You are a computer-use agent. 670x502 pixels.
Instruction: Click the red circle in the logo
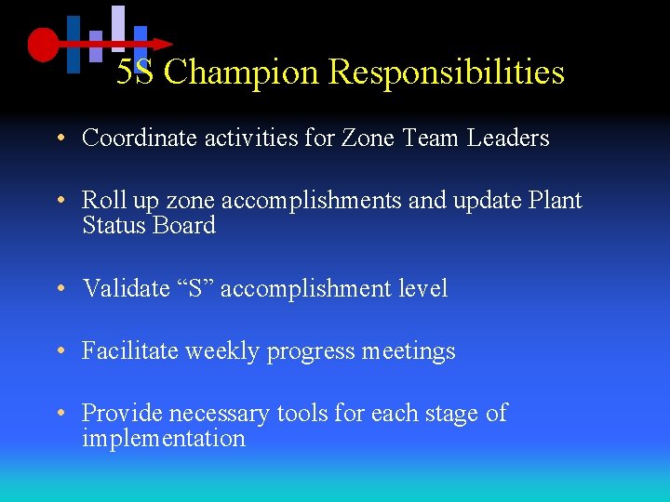(x=43, y=44)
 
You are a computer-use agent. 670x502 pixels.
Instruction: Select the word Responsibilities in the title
(x=447, y=72)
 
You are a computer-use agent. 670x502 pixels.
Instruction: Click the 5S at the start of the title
(x=136, y=72)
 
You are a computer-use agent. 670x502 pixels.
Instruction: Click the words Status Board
(x=149, y=226)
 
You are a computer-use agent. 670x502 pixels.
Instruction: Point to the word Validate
(x=124, y=289)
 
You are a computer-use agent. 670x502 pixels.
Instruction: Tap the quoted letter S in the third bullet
(x=194, y=289)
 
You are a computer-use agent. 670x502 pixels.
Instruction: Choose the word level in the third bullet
(x=423, y=289)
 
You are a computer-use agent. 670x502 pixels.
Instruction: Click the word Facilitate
(x=131, y=351)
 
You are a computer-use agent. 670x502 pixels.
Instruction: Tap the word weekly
(x=223, y=351)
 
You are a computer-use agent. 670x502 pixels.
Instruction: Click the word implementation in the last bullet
(x=164, y=439)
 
